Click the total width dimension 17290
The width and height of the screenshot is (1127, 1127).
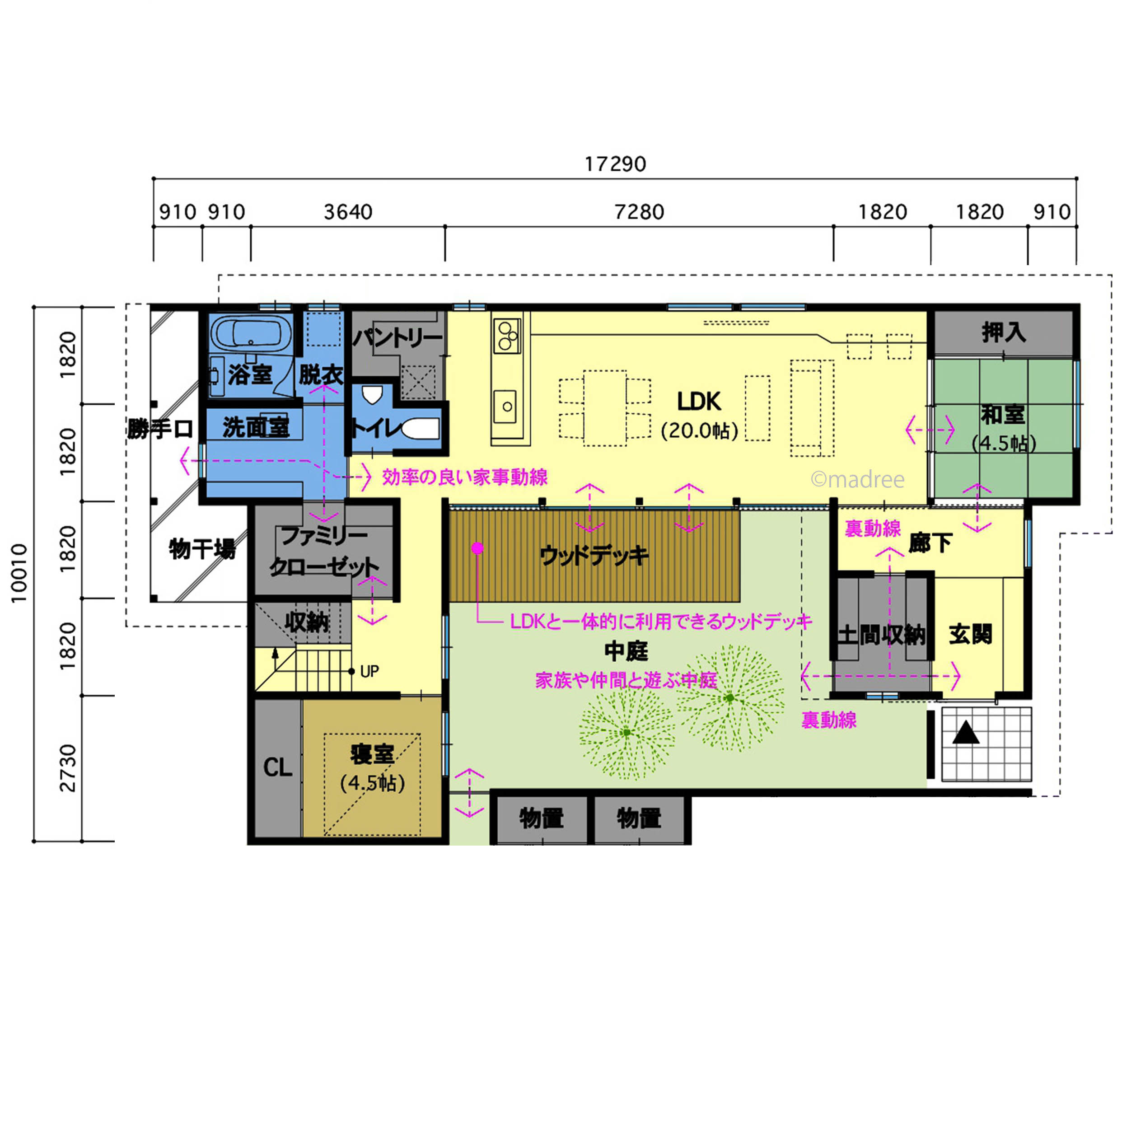[x=615, y=164]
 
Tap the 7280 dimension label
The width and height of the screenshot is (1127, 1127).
[x=639, y=212]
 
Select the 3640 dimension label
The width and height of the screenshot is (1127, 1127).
[x=348, y=212]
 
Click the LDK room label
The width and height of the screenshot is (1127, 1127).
[x=699, y=401]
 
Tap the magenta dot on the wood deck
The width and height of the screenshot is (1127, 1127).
[x=477, y=548]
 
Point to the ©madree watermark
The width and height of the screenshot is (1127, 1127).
[x=857, y=480]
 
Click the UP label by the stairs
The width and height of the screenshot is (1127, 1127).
[x=369, y=671]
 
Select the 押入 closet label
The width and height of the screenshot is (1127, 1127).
[x=1003, y=332]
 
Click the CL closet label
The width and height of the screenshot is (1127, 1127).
[x=278, y=767]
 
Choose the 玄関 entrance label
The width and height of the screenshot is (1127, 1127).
[x=971, y=634]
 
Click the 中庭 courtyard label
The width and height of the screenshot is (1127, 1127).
[x=626, y=651]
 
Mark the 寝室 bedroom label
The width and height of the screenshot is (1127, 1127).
[x=372, y=754]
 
